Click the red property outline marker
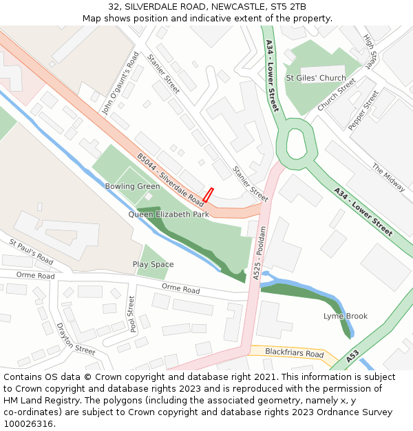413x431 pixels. click(x=208, y=195)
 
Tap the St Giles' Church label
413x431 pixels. click(x=316, y=78)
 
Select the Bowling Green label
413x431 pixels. click(x=132, y=187)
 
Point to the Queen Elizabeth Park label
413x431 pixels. click(x=169, y=214)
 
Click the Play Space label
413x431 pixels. click(x=153, y=265)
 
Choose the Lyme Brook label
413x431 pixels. click(x=346, y=317)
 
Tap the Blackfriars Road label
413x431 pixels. click(x=294, y=354)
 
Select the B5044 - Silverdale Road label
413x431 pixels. click(x=170, y=179)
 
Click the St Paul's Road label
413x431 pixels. click(x=31, y=252)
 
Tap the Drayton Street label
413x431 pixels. click(x=76, y=339)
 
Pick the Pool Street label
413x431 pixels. click(x=131, y=314)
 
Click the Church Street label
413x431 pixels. click(x=337, y=94)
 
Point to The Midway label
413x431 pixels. click(x=388, y=177)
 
